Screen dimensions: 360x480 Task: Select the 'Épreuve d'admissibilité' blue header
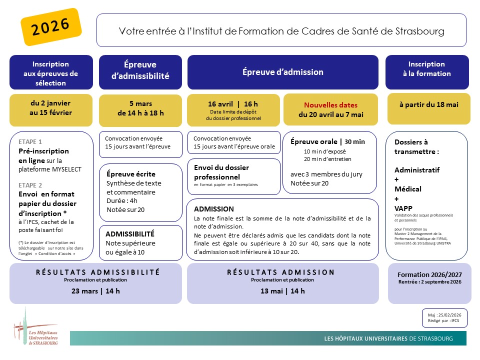point(140,70)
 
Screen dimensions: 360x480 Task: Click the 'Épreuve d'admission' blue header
point(283,72)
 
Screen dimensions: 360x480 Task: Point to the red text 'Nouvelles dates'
point(331,105)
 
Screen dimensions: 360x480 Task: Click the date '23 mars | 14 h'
point(95,291)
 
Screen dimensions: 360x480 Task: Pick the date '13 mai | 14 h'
point(282,291)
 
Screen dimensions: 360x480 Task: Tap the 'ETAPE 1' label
point(30,141)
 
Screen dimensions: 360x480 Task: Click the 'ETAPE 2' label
point(30,184)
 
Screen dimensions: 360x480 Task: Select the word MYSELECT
point(64,169)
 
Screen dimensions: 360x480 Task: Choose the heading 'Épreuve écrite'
point(131,174)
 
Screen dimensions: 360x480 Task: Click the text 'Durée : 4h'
point(122,201)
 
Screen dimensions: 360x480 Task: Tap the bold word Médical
point(408,189)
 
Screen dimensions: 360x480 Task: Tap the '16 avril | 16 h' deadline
point(233,104)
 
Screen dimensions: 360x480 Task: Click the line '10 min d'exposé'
point(324,151)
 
